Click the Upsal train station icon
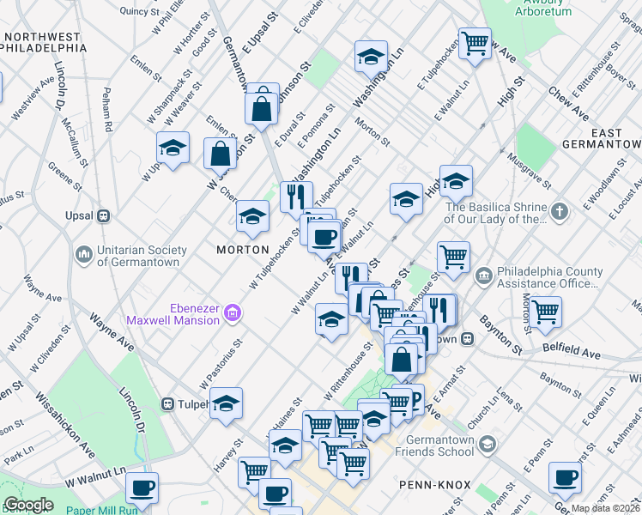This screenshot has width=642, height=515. pos(103,215)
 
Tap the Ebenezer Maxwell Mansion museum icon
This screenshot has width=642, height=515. pos(232,317)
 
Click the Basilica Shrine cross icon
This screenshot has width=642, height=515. pos(559,211)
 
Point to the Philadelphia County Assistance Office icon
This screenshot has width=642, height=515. pos(483,276)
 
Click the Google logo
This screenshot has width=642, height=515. pos(28,505)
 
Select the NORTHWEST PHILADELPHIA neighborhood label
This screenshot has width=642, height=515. pos(44,43)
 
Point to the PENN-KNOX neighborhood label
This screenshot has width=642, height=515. pos(435,485)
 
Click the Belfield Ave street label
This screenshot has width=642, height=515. pos(572,352)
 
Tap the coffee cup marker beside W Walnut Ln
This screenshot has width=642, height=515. pos(142,488)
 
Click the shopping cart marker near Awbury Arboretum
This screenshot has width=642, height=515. pos(475,43)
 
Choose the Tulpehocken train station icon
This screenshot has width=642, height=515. pos(167,403)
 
